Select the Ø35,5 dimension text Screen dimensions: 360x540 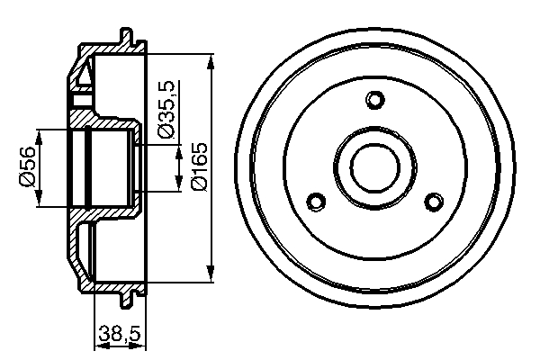(165, 108)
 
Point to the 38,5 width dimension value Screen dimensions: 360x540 (120, 334)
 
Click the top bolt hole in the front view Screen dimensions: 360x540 (376, 99)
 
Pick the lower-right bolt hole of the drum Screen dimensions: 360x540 (435, 202)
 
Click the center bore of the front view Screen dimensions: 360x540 (376, 167)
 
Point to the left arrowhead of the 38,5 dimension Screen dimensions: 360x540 (98, 343)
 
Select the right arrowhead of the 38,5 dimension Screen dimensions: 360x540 (140, 343)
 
